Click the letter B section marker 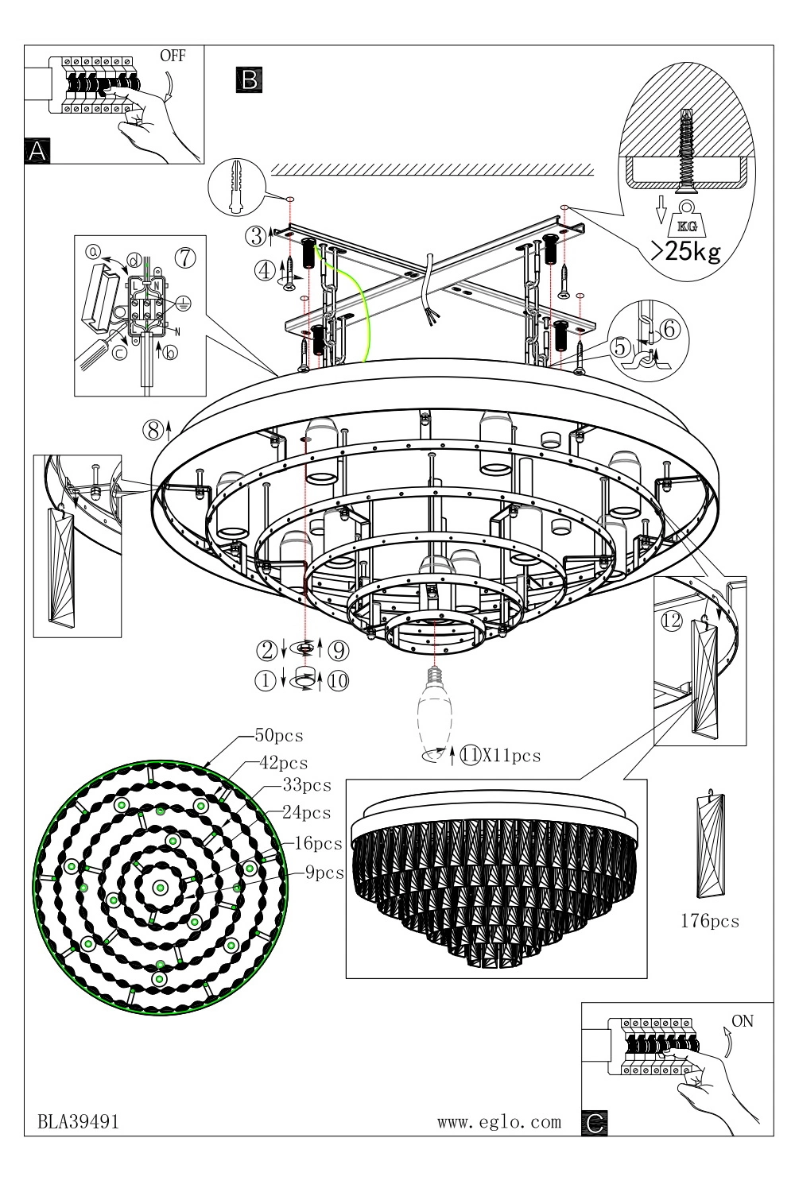[248, 79]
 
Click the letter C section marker [594, 1121]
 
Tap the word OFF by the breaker [173, 56]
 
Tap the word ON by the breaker [742, 1021]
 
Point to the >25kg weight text [685, 252]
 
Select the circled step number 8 [153, 430]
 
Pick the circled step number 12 [672, 621]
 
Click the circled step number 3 [254, 235]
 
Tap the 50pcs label [277, 736]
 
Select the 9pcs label [325, 873]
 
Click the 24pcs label [306, 813]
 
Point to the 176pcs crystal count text [710, 921]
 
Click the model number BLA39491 [79, 1121]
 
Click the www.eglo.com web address [499, 1121]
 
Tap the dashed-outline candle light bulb [435, 710]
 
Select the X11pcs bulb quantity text [511, 755]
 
